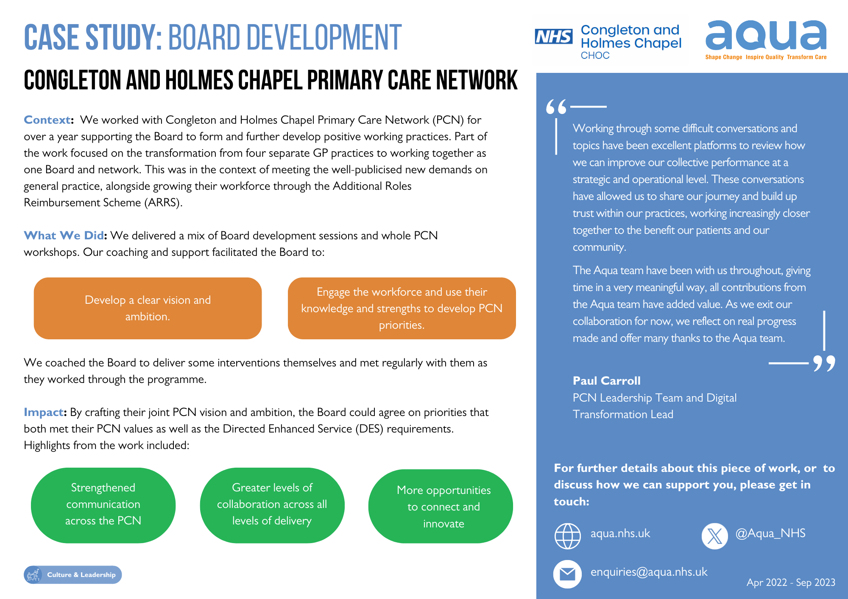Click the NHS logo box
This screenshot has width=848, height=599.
click(x=554, y=36)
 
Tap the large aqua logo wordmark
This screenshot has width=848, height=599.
click(x=766, y=35)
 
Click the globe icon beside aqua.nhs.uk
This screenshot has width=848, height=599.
click(x=568, y=536)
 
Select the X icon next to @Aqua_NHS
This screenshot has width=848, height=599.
click(x=714, y=536)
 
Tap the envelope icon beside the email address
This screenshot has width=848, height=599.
click(x=567, y=574)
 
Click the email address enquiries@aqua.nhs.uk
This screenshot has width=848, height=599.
click(x=649, y=572)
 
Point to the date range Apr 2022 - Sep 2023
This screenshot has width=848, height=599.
click(x=791, y=582)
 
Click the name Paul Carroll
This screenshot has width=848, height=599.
click(x=606, y=380)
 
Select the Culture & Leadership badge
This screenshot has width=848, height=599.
click(x=73, y=575)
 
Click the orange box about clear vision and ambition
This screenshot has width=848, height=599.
click(x=148, y=308)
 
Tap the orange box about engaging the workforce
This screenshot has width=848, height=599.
click(x=402, y=308)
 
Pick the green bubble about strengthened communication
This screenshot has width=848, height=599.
click(x=103, y=505)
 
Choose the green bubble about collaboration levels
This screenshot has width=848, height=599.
click(x=272, y=505)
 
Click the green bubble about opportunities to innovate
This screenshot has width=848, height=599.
click(x=441, y=506)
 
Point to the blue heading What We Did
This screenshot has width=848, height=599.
click(x=64, y=236)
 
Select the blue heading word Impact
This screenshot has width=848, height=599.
click(x=44, y=412)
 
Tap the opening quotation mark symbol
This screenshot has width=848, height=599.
click(x=556, y=107)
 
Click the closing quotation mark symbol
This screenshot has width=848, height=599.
click(x=824, y=363)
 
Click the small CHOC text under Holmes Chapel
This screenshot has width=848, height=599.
click(x=595, y=55)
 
